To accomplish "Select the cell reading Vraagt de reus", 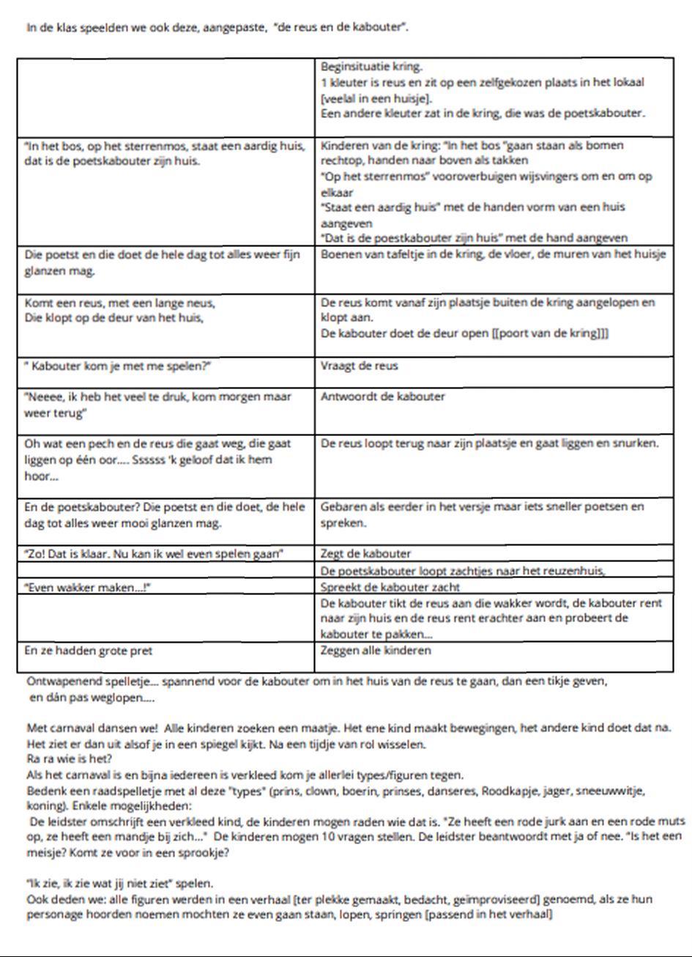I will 360,366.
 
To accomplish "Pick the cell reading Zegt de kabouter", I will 366,553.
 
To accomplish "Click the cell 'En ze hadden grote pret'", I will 89,650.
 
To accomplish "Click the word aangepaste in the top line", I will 234,28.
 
